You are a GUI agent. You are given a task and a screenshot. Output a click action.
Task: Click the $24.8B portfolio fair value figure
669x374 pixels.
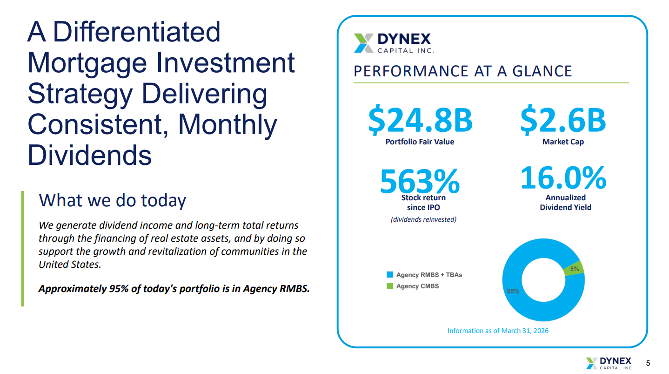420,120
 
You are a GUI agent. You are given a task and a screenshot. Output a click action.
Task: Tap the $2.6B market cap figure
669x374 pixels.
563,120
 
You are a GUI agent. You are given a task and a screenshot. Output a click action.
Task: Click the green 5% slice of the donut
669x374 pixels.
575,268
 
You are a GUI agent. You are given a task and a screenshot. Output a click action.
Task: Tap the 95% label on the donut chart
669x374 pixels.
513,291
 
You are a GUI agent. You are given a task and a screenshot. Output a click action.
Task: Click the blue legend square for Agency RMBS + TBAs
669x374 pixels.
390,275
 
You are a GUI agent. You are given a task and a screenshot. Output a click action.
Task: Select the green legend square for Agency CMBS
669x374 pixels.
390,286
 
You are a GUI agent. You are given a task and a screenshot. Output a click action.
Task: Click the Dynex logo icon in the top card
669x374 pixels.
363,43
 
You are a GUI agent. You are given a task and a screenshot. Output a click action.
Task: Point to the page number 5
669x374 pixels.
649,363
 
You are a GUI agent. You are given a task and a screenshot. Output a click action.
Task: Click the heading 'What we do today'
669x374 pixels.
112,200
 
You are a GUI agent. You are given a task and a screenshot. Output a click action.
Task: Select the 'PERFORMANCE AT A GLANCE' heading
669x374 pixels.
462,71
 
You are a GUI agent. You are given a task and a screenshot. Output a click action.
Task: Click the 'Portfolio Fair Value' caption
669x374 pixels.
420,142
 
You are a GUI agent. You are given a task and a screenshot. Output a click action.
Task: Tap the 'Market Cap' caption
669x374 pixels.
563,142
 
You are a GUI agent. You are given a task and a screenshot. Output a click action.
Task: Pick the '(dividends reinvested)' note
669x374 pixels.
423,219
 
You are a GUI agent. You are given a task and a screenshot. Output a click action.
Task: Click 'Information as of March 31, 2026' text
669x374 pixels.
498,331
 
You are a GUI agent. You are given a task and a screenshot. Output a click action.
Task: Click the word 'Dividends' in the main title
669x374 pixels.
90,155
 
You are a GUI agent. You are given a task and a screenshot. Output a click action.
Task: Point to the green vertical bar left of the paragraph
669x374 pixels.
22,248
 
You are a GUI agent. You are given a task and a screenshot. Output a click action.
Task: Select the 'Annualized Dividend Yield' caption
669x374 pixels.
565,203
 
